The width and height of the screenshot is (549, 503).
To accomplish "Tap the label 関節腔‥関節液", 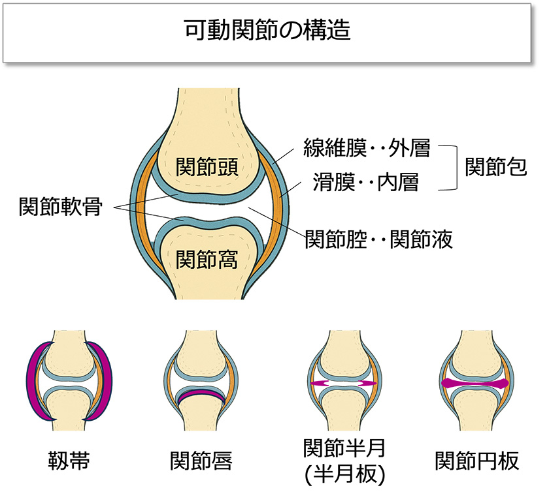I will [x=379, y=239].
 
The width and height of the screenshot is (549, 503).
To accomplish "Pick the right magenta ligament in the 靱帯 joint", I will [x=104, y=382].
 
